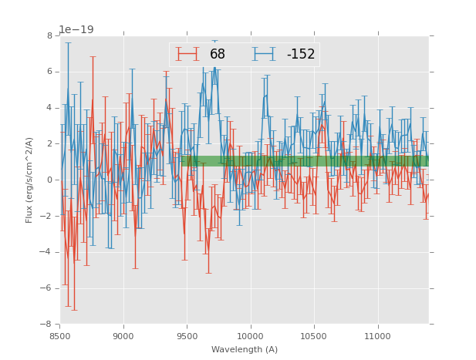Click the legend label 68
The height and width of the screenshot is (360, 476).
tap(217, 54)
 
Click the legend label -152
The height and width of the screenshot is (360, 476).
tap(301, 54)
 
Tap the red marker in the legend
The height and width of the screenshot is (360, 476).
tap(187, 54)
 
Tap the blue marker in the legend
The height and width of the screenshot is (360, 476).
tap(265, 54)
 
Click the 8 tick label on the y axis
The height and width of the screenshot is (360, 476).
tap(49, 35)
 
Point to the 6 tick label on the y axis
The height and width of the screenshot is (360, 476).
tap(49, 72)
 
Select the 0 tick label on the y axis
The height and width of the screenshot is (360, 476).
tap(49, 180)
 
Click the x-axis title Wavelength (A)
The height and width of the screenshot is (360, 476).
tap(245, 349)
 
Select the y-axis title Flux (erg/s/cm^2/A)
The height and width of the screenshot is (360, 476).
tap(29, 180)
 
